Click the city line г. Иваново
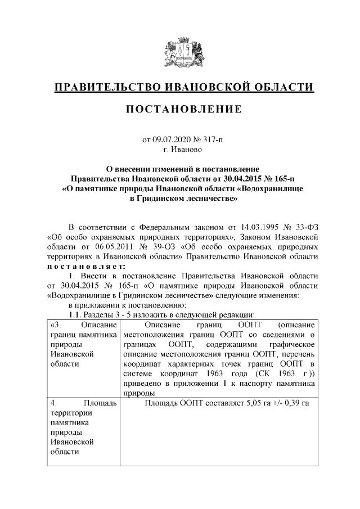[180, 150]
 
